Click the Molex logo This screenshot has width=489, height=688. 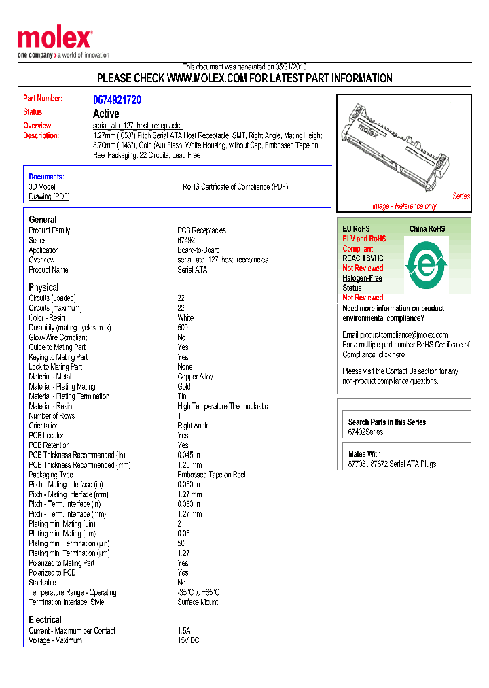tap(54, 39)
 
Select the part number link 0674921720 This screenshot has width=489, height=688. tap(117, 100)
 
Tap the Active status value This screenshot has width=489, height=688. tap(106, 114)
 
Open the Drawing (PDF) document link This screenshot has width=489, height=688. tap(49, 196)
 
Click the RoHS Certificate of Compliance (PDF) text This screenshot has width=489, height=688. tap(235, 187)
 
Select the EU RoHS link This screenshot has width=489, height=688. tap(356, 229)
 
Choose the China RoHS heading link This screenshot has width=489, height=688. tap(427, 229)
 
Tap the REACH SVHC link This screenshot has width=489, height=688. tap(363, 258)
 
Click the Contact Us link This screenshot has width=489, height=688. tap(401, 371)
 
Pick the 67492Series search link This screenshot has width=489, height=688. tap(365, 432)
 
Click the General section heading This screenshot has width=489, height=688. tap(42, 220)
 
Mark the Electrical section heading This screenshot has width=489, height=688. tap(45, 620)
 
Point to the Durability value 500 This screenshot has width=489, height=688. tap(183, 328)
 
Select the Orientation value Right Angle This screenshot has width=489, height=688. tap(194, 426)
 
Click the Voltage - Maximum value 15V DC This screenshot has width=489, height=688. tap(189, 640)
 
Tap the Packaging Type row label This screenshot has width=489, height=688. tap(51, 475)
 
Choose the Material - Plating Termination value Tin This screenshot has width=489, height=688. tap(182, 396)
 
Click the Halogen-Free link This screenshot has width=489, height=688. tap(362, 278)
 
